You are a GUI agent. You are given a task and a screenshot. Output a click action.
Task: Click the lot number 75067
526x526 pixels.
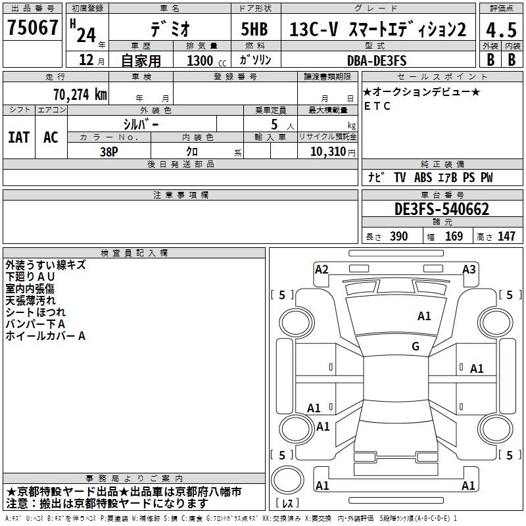click(x=32, y=27)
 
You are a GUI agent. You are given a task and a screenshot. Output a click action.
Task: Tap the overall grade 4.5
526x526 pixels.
click(x=501, y=30)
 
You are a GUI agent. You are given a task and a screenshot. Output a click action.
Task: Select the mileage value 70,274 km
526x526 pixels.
click(x=80, y=95)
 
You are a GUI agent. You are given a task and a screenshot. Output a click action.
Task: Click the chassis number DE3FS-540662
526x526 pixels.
click(x=442, y=208)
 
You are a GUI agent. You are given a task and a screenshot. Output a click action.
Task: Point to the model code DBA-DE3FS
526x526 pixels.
click(x=377, y=60)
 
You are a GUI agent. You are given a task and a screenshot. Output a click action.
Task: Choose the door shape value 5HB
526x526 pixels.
click(x=254, y=29)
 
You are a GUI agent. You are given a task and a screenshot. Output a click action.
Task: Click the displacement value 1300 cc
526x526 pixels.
click(x=206, y=60)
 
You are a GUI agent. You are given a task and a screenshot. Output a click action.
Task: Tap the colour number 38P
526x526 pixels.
click(x=109, y=152)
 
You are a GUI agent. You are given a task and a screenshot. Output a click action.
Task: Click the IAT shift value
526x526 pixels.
click(x=18, y=137)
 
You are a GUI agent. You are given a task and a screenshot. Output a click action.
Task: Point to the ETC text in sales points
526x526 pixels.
click(x=377, y=106)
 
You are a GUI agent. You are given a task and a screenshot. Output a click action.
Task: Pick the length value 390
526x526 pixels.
click(x=399, y=236)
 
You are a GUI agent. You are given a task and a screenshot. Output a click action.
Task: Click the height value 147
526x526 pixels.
click(x=506, y=236)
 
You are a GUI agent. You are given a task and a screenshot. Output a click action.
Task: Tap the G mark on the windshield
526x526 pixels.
click(x=416, y=346)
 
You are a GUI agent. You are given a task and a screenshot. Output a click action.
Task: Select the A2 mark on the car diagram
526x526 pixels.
click(x=322, y=270)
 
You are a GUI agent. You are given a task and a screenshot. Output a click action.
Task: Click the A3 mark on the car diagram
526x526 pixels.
click(x=469, y=270)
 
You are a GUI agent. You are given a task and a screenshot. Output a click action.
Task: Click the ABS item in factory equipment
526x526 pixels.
click(x=423, y=178)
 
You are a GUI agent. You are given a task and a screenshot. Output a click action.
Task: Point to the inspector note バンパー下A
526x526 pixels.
click(x=36, y=324)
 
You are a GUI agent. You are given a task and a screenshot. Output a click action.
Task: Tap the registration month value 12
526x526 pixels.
click(x=86, y=60)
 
